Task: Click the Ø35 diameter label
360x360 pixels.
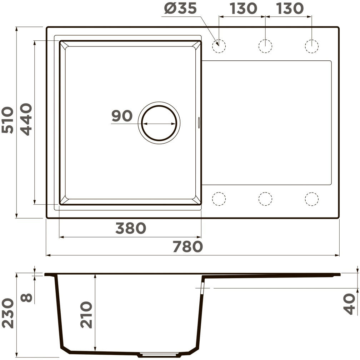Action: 180,9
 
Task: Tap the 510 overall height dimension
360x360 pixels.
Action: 7,120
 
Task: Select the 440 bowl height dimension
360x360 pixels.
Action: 26,119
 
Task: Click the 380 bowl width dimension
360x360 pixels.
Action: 131,228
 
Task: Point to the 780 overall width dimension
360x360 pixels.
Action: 187,246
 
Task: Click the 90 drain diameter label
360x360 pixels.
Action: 122,116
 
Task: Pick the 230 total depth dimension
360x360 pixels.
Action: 7,313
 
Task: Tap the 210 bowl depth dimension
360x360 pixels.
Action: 86,315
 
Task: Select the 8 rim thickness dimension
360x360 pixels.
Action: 26,298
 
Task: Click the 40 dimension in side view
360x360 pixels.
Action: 349,304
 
